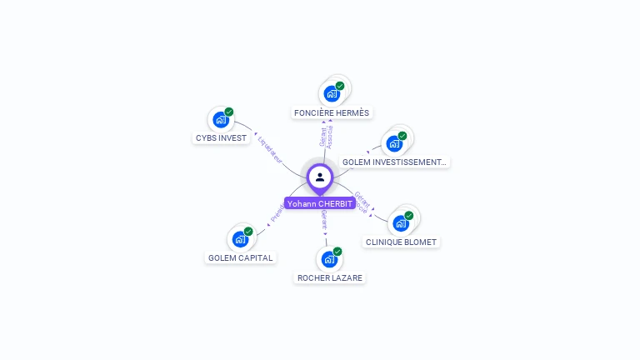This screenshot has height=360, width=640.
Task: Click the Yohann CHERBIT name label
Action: (x=320, y=203)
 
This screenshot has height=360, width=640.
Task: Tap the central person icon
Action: (x=320, y=177)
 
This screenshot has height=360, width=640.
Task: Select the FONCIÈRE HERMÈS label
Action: (x=332, y=112)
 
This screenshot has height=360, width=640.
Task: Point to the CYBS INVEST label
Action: (x=222, y=138)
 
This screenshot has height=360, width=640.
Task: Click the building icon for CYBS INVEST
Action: (x=220, y=119)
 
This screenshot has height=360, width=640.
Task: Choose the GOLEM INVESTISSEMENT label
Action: (x=394, y=162)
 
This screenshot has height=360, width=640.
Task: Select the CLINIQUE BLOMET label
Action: (x=401, y=242)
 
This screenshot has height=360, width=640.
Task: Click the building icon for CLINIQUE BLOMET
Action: (x=401, y=222)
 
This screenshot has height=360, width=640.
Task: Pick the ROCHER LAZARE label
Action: (x=330, y=277)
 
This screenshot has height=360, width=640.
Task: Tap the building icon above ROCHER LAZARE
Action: (x=329, y=259)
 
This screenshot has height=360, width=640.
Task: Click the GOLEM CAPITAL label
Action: (x=240, y=257)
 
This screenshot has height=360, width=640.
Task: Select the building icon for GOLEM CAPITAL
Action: (x=240, y=239)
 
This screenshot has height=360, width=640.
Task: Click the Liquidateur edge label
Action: (x=270, y=148)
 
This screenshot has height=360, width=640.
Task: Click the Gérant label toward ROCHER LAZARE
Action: (x=323, y=219)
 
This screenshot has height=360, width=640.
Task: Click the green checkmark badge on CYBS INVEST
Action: (x=229, y=112)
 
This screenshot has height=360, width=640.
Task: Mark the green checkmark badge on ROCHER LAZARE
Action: (x=337, y=252)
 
